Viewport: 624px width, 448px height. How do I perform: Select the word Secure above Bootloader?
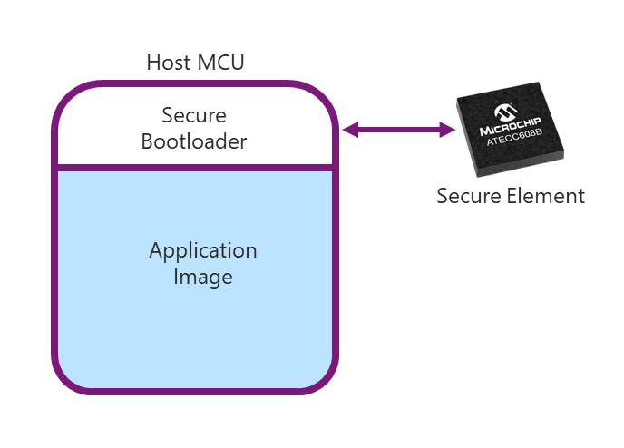194,116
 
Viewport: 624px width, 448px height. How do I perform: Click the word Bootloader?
194,141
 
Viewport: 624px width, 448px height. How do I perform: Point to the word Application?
203,250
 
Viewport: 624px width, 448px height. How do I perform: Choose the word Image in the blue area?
203,277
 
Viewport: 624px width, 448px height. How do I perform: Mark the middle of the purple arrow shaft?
399,131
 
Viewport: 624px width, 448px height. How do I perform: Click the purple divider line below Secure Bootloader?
195,167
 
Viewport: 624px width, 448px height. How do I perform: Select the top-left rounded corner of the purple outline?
69,97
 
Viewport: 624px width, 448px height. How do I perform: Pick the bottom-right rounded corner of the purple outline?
324,377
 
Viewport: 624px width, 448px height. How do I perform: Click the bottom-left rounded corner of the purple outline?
68,377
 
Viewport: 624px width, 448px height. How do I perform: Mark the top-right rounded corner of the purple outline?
324,97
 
